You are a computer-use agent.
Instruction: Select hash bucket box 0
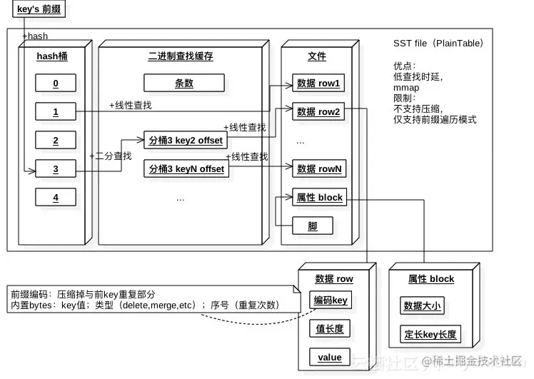click(55, 84)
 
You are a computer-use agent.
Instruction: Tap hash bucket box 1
click(55, 112)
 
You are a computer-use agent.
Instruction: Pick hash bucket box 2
click(55, 140)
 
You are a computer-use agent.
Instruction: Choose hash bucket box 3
click(55, 169)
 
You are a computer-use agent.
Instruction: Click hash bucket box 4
click(55, 197)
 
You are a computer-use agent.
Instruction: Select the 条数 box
click(184, 83)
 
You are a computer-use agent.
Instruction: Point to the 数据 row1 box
click(318, 84)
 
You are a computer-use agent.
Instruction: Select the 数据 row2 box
click(318, 111)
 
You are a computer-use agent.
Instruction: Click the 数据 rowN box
click(318, 169)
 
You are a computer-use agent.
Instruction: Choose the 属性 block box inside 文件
click(318, 197)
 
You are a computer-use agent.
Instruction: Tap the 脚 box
click(313, 226)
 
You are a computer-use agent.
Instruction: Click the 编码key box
click(330, 300)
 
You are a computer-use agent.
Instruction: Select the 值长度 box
click(330, 328)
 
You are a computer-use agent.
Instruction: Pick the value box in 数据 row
click(330, 357)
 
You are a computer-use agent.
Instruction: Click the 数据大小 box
click(422, 306)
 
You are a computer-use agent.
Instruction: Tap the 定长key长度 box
click(430, 334)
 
